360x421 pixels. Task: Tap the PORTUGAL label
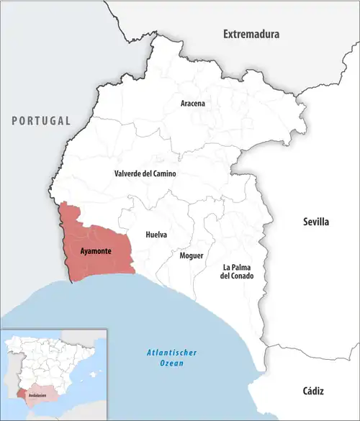click(40, 121)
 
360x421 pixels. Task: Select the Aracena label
click(192, 104)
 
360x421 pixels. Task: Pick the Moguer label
click(192, 255)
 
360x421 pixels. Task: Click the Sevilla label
click(315, 222)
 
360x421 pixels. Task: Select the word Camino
click(162, 174)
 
